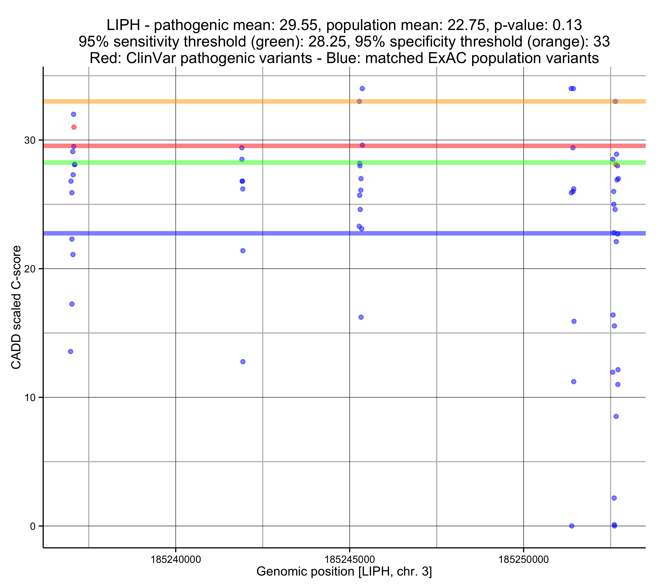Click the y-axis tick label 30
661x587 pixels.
pyautogui.click(x=30, y=140)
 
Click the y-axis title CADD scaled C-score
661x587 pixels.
pyautogui.click(x=16, y=307)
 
